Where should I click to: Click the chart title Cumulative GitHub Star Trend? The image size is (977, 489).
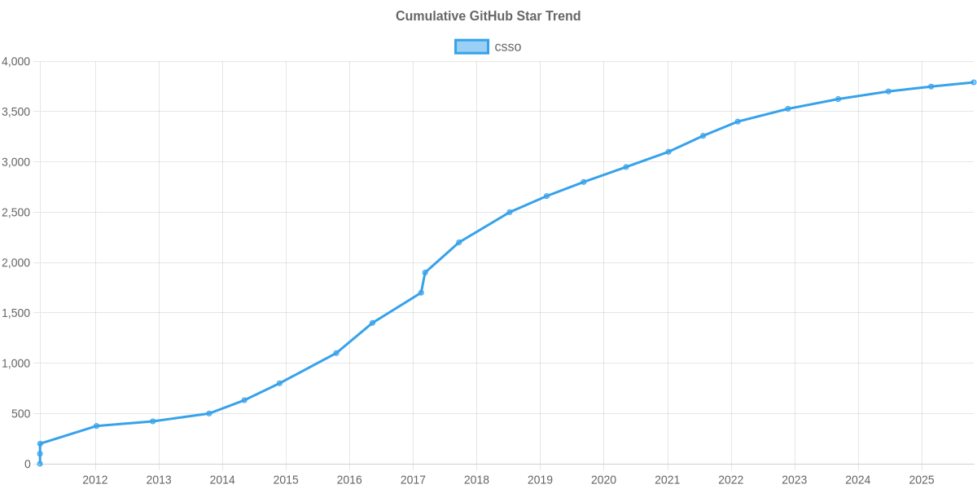tap(488, 16)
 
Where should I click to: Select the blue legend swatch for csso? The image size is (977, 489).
tap(471, 47)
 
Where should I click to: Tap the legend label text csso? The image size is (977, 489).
tap(508, 47)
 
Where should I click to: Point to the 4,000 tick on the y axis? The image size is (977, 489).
tap(16, 62)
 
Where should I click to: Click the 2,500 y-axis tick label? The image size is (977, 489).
tap(16, 213)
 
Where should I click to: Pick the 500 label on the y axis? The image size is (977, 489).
tap(22, 414)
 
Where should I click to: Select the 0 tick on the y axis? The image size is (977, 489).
tap(28, 465)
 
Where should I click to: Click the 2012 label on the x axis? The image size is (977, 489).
tap(95, 480)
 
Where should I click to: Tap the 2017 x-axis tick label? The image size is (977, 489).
tap(413, 480)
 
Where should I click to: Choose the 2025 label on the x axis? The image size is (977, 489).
tap(921, 480)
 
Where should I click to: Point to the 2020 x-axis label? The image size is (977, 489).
tap(603, 480)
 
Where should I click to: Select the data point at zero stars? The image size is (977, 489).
tap(40, 464)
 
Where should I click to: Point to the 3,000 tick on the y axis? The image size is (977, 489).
tap(16, 163)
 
